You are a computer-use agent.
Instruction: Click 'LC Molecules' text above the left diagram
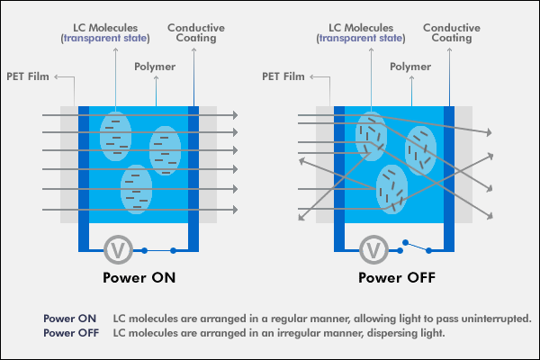click(x=113, y=27)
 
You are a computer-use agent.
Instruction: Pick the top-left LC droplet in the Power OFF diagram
click(x=370, y=137)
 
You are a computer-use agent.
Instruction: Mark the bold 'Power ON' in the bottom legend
click(x=69, y=319)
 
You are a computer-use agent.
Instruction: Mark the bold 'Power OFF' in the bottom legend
click(x=71, y=333)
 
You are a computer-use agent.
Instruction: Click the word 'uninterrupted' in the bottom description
click(x=497, y=319)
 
